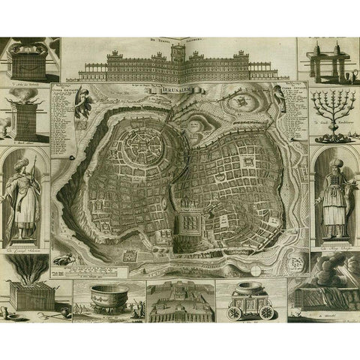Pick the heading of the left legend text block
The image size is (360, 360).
(x=68, y=89)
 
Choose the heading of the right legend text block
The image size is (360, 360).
(x=289, y=89)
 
